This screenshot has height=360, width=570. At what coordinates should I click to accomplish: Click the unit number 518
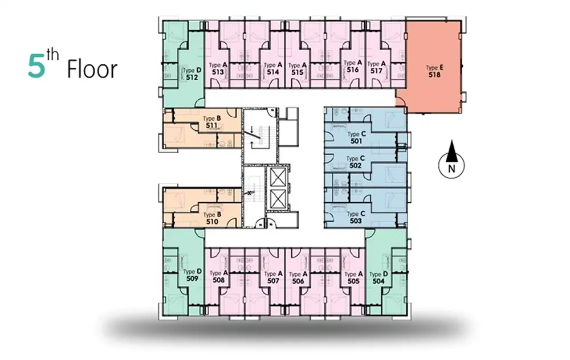[x=434, y=75]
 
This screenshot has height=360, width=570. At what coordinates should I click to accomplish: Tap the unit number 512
[x=192, y=77]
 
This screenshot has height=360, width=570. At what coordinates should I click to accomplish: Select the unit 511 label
[x=211, y=125]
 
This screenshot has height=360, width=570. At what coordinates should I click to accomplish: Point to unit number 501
[x=356, y=141]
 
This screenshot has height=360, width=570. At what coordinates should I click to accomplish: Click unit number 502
[x=355, y=165]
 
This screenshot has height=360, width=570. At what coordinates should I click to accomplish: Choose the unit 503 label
[x=356, y=221]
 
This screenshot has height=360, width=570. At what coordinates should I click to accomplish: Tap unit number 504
[x=378, y=281]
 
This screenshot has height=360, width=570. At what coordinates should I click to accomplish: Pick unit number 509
[x=192, y=279]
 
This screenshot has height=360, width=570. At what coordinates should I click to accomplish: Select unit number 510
[x=212, y=222]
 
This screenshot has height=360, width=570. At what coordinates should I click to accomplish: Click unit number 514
[x=272, y=72]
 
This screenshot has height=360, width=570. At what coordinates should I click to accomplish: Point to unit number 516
[x=353, y=69]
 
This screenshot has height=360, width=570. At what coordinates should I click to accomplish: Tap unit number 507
[x=273, y=280]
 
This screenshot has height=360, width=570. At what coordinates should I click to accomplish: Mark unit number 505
[x=353, y=281]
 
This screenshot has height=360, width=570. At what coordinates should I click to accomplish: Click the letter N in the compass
[x=451, y=169]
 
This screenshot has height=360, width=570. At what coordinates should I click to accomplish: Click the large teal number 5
[x=36, y=67]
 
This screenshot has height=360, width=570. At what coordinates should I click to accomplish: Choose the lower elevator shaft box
[x=278, y=199]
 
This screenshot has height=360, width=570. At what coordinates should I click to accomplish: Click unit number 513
[x=218, y=72]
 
